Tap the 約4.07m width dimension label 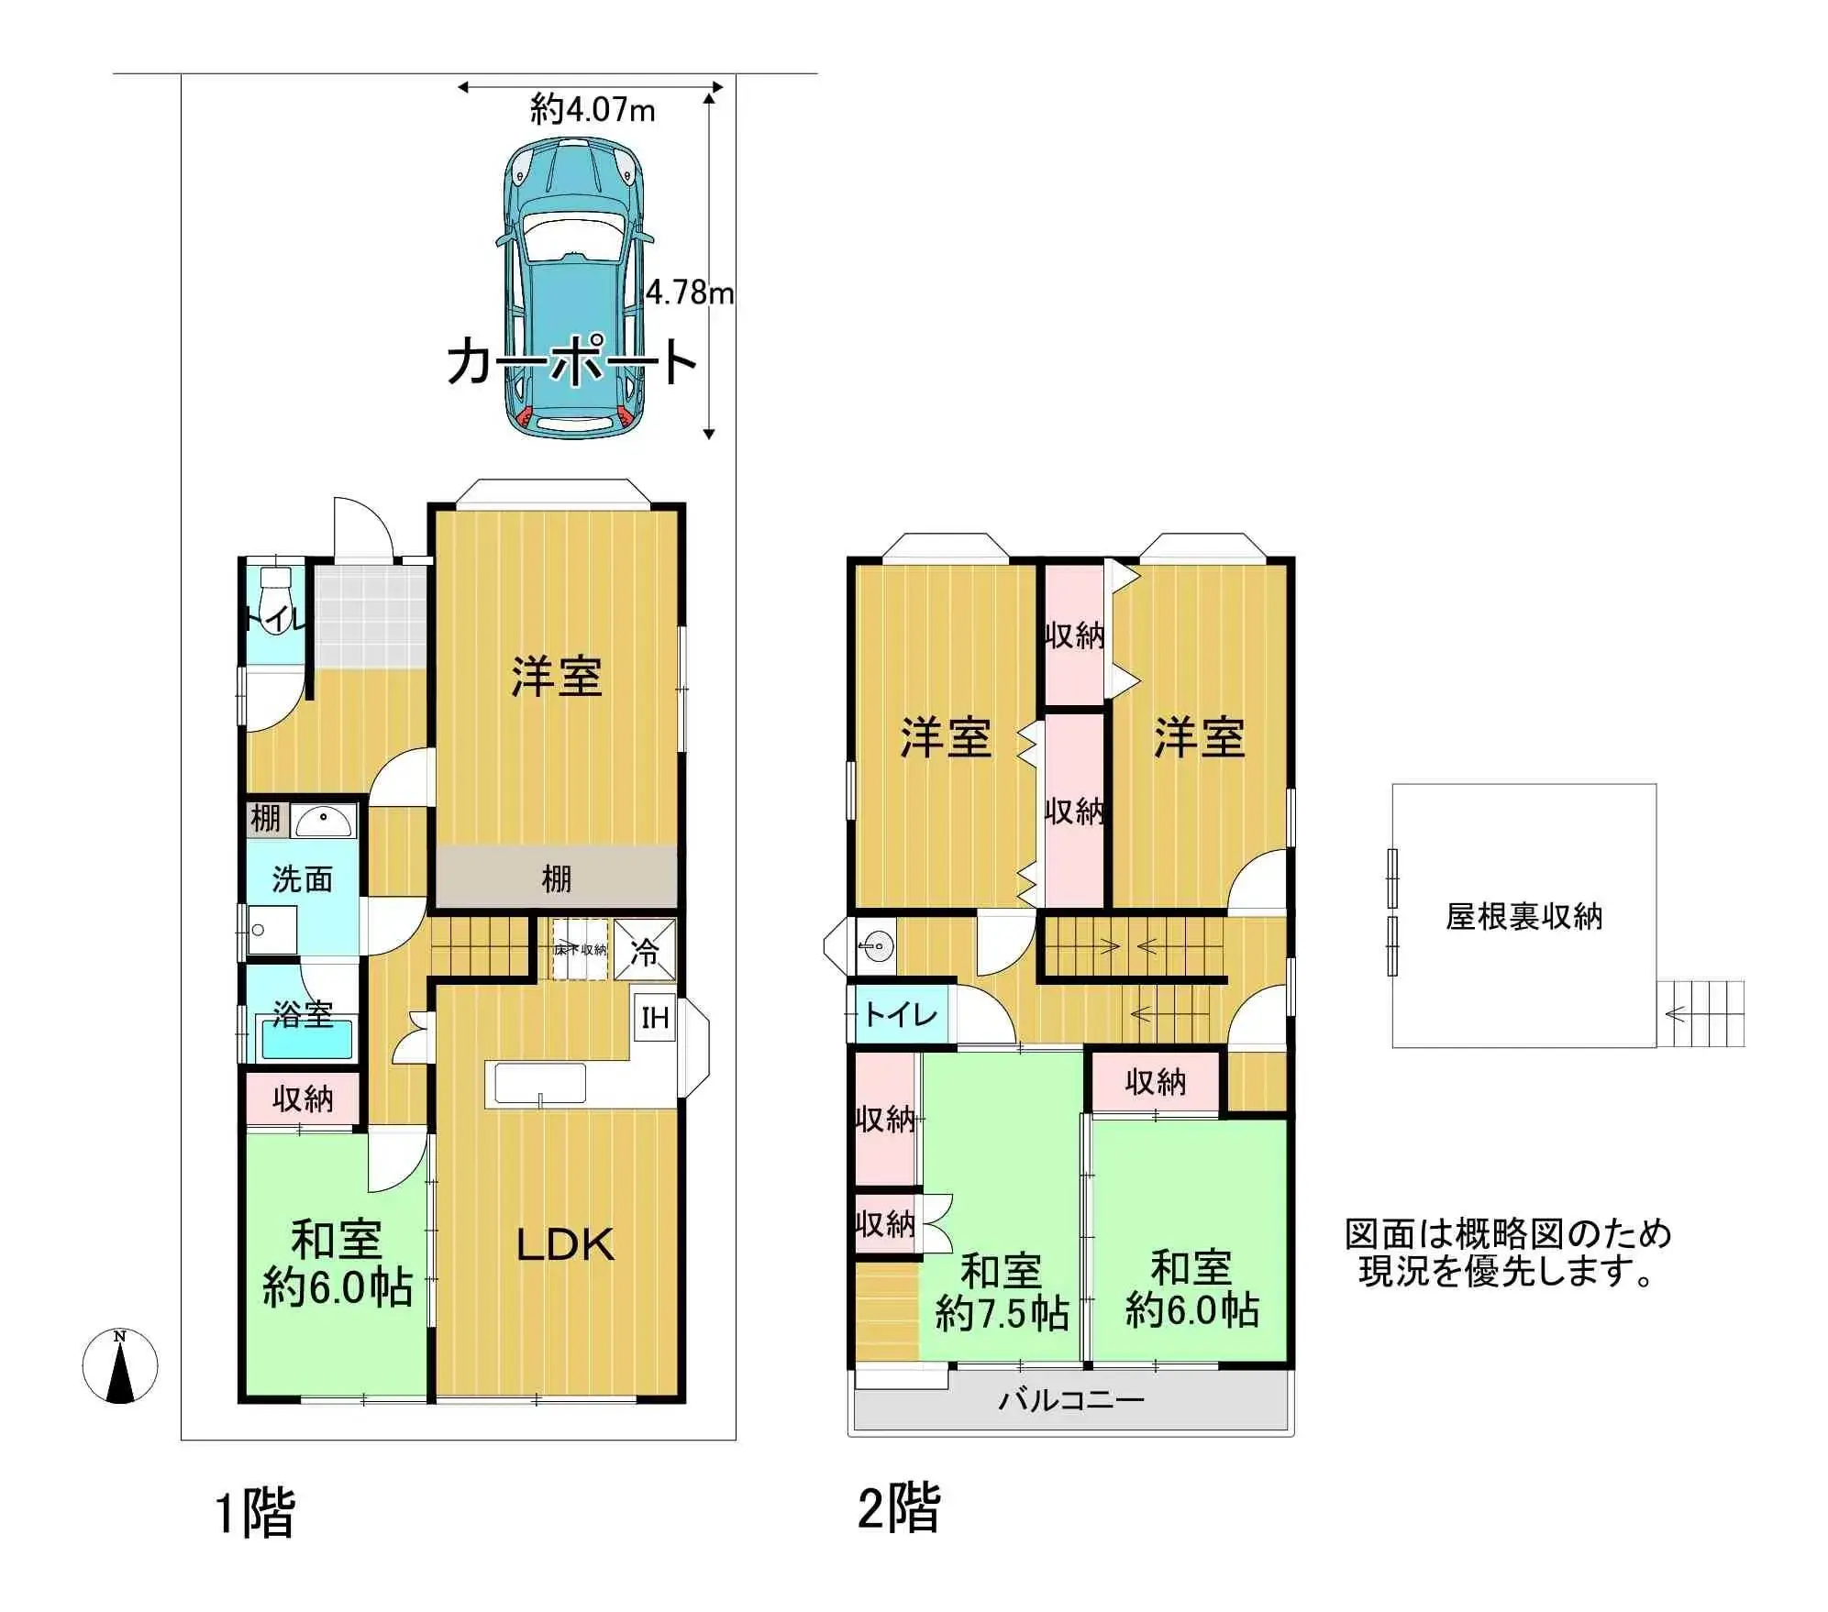tap(593, 111)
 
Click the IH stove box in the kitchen tap(655, 1017)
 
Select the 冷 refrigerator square tap(645, 951)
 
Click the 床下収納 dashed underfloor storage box tap(580, 950)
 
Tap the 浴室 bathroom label tap(303, 1013)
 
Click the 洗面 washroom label tap(302, 879)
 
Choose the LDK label tap(565, 1244)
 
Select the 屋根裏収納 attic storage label tap(1523, 916)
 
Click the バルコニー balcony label tap(1070, 1400)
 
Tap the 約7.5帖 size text tap(1002, 1314)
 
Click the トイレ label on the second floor tap(901, 1014)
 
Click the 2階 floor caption tap(899, 1508)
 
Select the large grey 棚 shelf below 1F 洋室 tap(557, 878)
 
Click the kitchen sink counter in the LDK tap(540, 1084)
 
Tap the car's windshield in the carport tap(572, 237)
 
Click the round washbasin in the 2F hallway tap(877, 944)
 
